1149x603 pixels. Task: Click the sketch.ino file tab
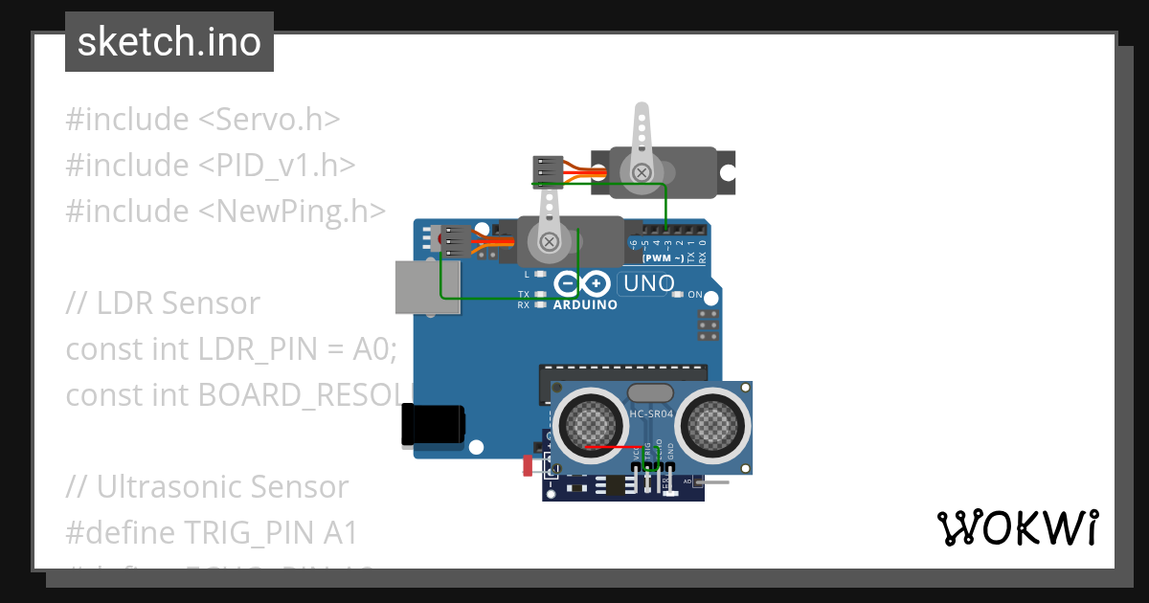coord(169,42)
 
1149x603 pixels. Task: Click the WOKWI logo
coord(1016,527)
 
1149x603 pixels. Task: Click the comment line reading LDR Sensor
coord(163,303)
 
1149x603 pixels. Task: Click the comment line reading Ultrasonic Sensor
coord(207,487)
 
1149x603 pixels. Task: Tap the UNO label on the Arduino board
coord(648,283)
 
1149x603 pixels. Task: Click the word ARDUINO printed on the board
coord(585,305)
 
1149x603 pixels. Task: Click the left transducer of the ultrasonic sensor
coord(588,421)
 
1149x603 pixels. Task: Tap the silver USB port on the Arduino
coord(427,286)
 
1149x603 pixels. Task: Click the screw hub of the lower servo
coord(550,241)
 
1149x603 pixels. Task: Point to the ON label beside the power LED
coord(695,294)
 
